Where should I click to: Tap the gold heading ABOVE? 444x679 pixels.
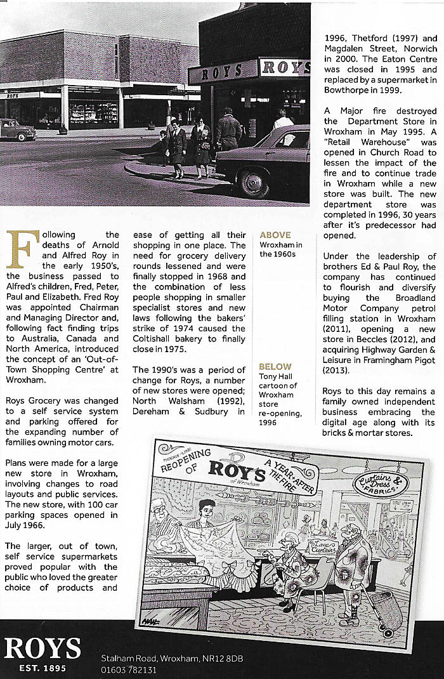275,233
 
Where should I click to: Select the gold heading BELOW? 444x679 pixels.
275,366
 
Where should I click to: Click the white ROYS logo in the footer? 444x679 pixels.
42,648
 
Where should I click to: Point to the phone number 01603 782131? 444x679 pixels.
129,669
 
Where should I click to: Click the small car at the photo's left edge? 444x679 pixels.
16,129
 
